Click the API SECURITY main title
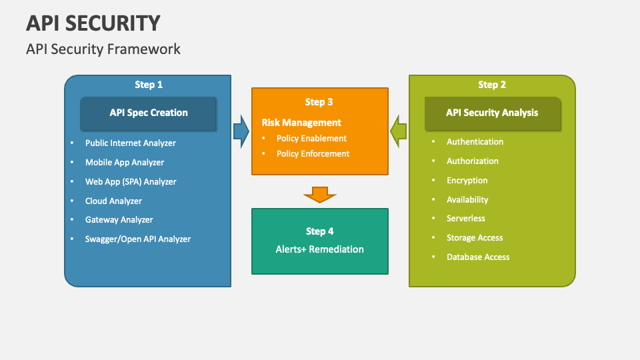[93, 23]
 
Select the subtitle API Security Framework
[103, 49]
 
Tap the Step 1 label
[149, 85]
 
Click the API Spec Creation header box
[149, 113]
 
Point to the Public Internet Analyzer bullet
[130, 143]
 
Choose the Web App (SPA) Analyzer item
[130, 181]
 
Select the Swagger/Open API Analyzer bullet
[137, 239]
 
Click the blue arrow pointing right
[241, 131]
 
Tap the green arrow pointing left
[399, 131]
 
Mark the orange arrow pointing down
[320, 194]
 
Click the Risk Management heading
[301, 123]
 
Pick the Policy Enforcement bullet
[313, 153]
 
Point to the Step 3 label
[319, 102]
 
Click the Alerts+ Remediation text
[320, 249]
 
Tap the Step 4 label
[320, 231]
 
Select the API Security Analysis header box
[492, 113]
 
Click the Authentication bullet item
[475, 141]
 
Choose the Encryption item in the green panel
[467, 180]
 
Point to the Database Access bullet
[478, 257]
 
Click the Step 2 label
[492, 85]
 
